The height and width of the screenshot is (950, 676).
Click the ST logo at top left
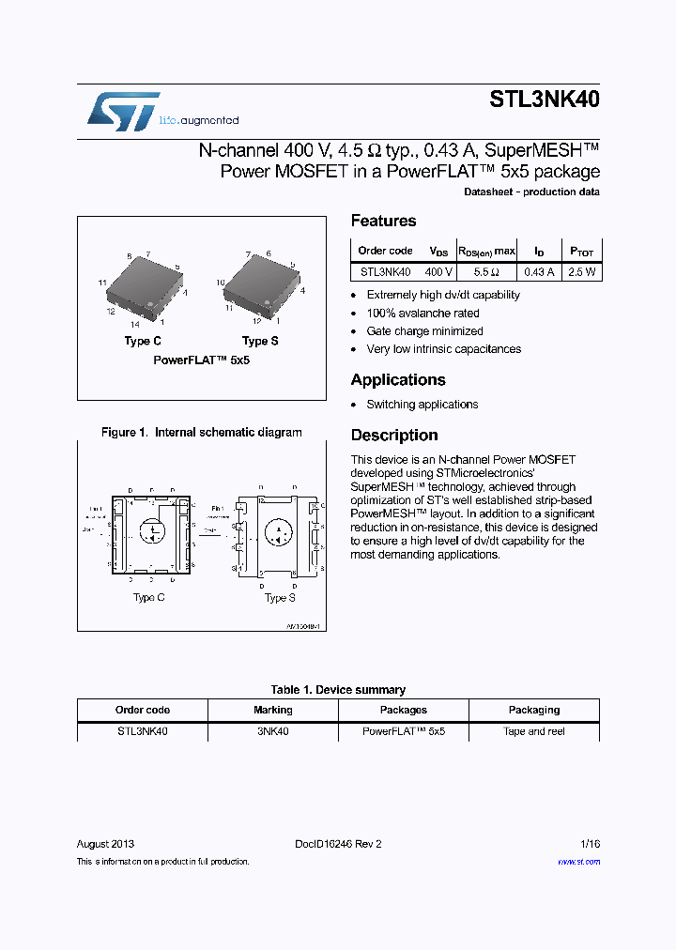123,111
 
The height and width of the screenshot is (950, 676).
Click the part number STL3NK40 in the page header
545,100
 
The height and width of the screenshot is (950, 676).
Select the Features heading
383,221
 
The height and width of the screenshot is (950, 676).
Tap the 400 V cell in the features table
438,272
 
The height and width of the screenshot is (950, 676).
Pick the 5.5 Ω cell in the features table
486,272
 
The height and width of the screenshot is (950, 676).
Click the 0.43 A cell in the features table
539,272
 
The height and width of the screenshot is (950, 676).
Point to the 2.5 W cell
582,272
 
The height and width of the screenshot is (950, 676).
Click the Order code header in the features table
385,251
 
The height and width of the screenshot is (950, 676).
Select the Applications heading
398,379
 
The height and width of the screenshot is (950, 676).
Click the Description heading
394,435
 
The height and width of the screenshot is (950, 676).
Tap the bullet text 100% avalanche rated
422,314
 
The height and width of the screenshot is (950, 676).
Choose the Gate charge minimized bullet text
424,331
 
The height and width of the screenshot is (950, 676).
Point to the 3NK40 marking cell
273,731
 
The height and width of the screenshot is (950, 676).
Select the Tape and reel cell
534,731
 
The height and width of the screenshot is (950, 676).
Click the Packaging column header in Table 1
534,710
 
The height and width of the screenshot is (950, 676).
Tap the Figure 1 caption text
202,433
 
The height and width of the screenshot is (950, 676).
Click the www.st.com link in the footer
578,861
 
